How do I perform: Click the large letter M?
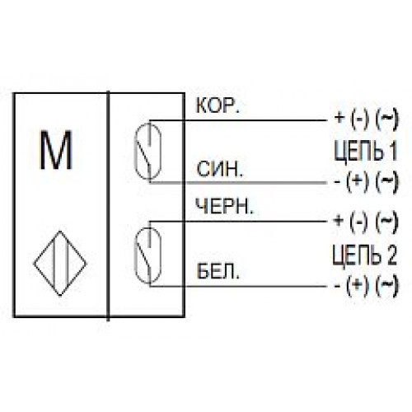pyautogui.click(x=56, y=150)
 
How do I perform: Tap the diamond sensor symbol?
pyautogui.click(x=60, y=264)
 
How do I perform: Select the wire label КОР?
pyautogui.click(x=218, y=105)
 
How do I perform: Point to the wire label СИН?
pyautogui.click(x=220, y=169)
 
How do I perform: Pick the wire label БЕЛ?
pyautogui.click(x=218, y=271)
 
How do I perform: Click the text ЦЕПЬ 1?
pyautogui.click(x=366, y=150)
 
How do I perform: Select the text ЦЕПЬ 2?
pyautogui.click(x=365, y=255)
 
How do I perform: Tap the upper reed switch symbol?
pyautogui.click(x=148, y=152)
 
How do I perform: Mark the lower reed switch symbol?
pyautogui.click(x=147, y=255)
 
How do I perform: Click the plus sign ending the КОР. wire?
pyautogui.click(x=339, y=118)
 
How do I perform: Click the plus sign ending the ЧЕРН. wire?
pyautogui.click(x=339, y=220)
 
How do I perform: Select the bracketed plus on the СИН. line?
pyautogui.click(x=357, y=181)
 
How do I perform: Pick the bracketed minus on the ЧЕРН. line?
pyautogui.click(x=358, y=222)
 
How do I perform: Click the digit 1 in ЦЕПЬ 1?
pyautogui.click(x=392, y=151)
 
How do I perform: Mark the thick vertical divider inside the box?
pyautogui.click(x=108, y=206)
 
